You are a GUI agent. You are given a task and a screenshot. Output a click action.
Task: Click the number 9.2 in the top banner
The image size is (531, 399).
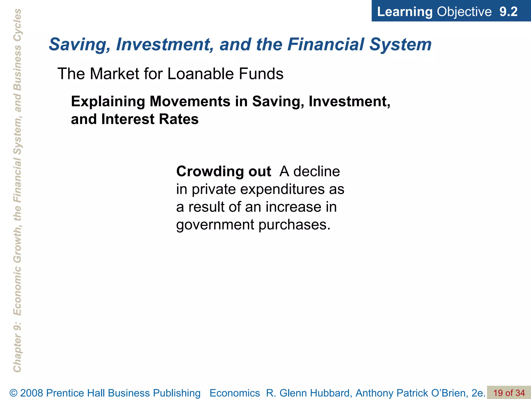pyautogui.click(x=508, y=12)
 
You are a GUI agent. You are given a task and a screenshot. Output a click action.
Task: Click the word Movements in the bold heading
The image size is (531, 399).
pyautogui.click(x=190, y=101)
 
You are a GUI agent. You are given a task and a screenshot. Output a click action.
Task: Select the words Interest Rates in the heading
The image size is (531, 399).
pyautogui.click(x=150, y=119)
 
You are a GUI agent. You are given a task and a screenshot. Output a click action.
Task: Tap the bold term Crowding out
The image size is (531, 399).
pyautogui.click(x=223, y=171)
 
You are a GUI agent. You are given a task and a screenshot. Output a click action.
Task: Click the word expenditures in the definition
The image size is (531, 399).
pyautogui.click(x=282, y=189)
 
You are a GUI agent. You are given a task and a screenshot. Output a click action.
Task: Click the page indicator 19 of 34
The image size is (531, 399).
pyautogui.click(x=509, y=393)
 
